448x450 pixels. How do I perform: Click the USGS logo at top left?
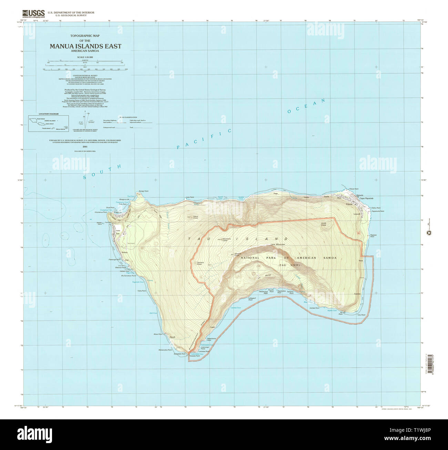click(x=33, y=13)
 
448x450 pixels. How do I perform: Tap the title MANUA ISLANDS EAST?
click(x=85, y=46)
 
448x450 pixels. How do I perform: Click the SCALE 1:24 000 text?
click(x=85, y=57)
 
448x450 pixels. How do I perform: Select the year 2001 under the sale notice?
click(x=85, y=147)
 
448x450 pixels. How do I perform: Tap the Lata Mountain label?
click(x=278, y=244)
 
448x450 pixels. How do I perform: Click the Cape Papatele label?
click(x=366, y=199)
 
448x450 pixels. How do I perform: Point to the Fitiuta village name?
click(x=349, y=204)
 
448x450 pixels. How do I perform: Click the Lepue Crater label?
click(x=195, y=217)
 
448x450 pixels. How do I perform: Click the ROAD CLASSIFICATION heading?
click(x=128, y=117)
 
